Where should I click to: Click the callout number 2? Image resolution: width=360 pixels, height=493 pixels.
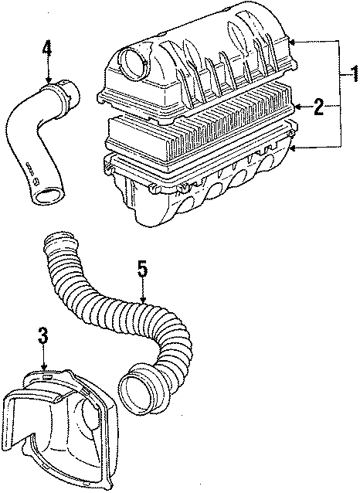click(x=318, y=107)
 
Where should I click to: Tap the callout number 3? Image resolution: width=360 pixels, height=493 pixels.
click(x=43, y=337)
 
